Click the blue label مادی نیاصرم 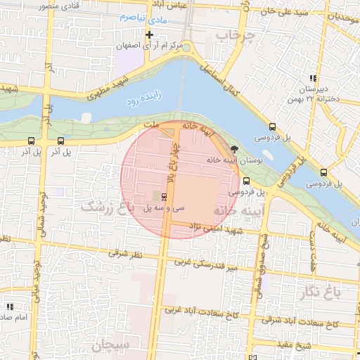click(142, 16)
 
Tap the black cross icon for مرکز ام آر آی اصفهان click(149, 34)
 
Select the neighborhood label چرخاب click(233, 34)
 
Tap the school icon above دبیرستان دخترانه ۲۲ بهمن click(312, 78)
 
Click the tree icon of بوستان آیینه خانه click(234, 148)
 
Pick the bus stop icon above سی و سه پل click(164, 196)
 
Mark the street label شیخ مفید click(313, 345)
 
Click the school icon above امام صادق click(10, 307)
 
